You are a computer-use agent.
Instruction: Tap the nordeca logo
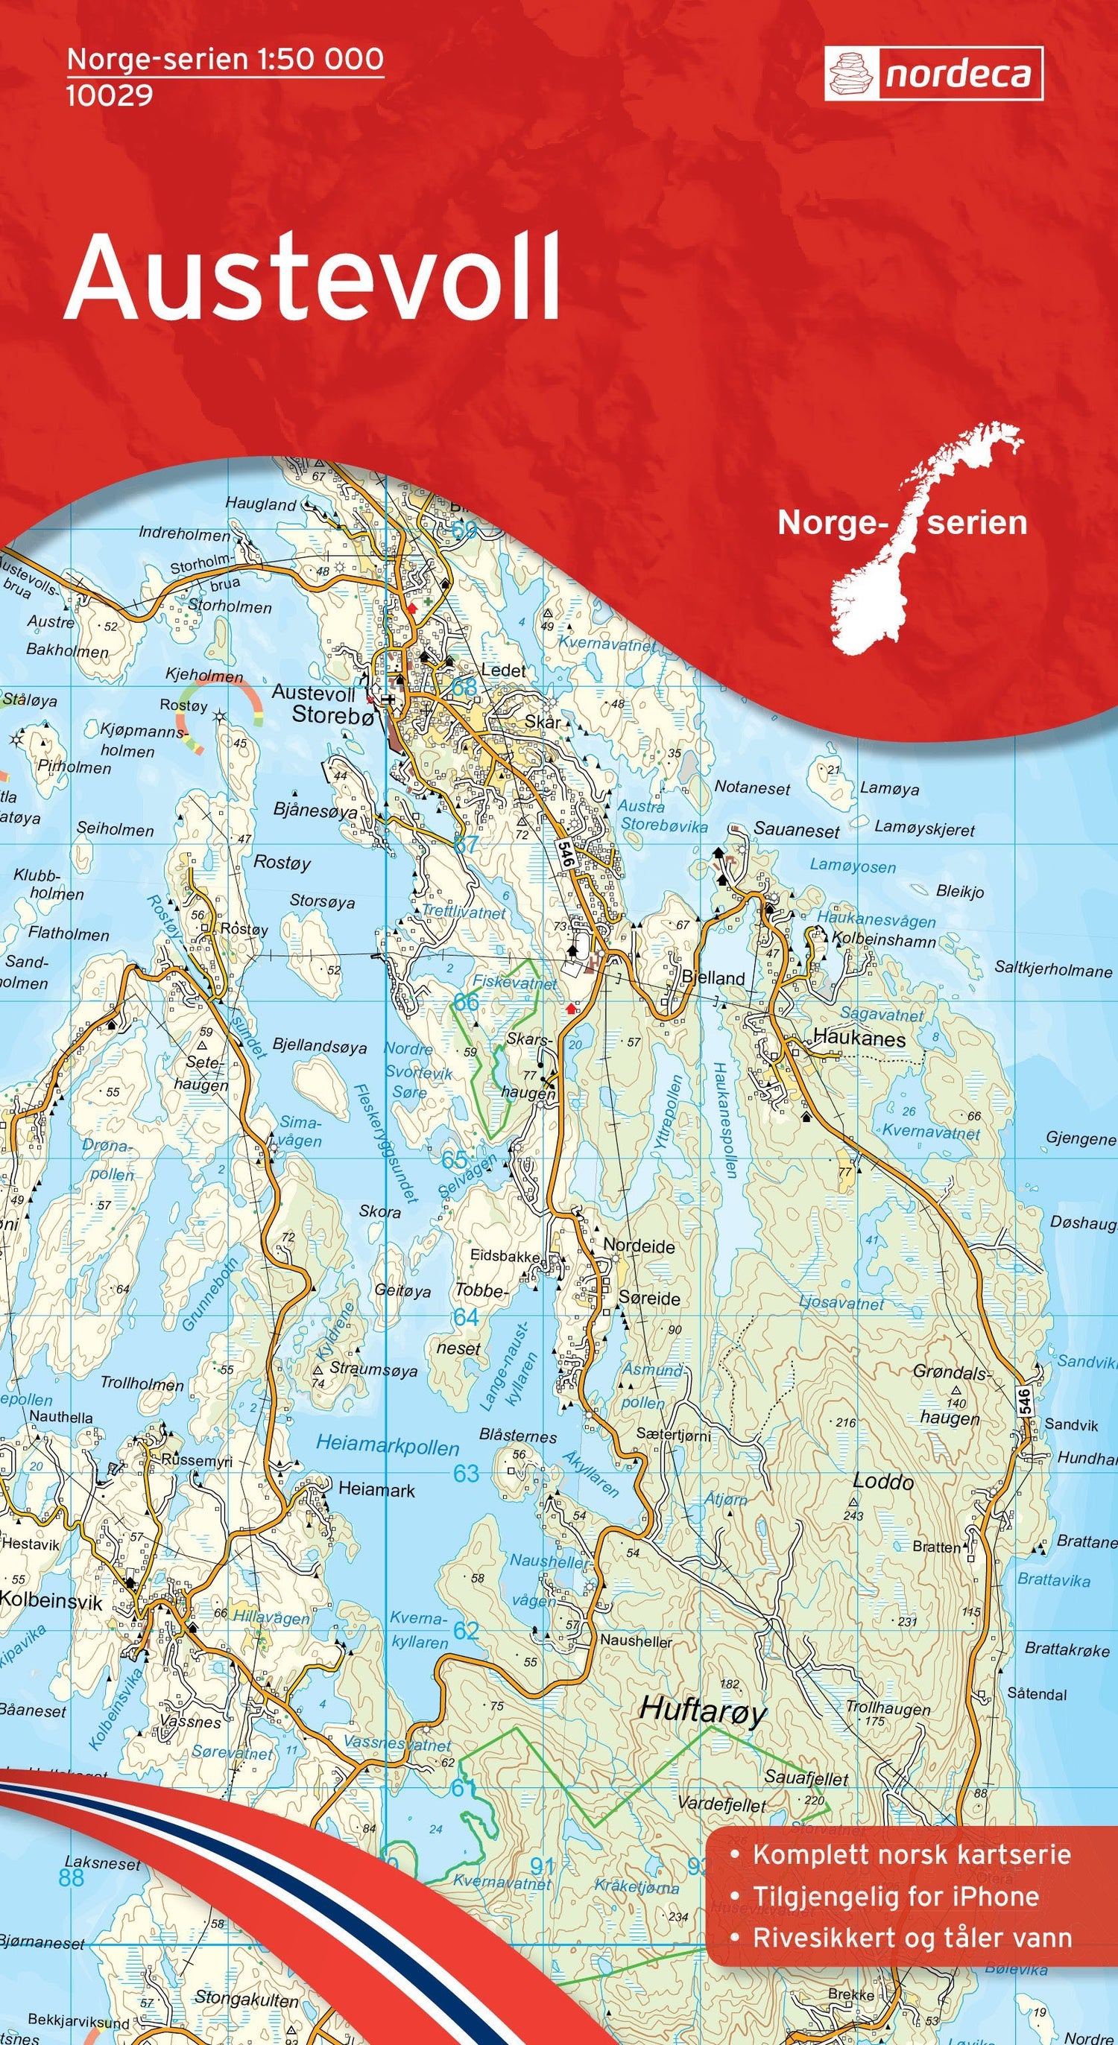933,74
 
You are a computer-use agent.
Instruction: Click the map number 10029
109,96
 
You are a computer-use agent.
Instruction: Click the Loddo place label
883,1482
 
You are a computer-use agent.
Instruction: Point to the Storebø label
332,715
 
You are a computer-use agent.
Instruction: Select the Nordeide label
639,1246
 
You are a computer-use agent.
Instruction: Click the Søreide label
649,1298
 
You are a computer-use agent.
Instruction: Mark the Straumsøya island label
373,1369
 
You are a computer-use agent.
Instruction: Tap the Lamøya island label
889,789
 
